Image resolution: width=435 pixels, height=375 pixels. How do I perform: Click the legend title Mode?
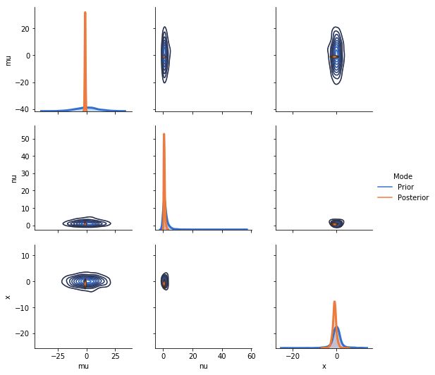coord(403,176)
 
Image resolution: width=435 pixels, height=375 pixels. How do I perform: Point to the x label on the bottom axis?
coord(324,366)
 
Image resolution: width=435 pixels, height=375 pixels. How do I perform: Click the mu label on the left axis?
coord(8,59)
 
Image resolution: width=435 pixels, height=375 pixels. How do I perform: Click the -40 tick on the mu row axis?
coord(21,109)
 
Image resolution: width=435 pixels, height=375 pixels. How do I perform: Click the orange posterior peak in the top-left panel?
coord(85,13)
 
